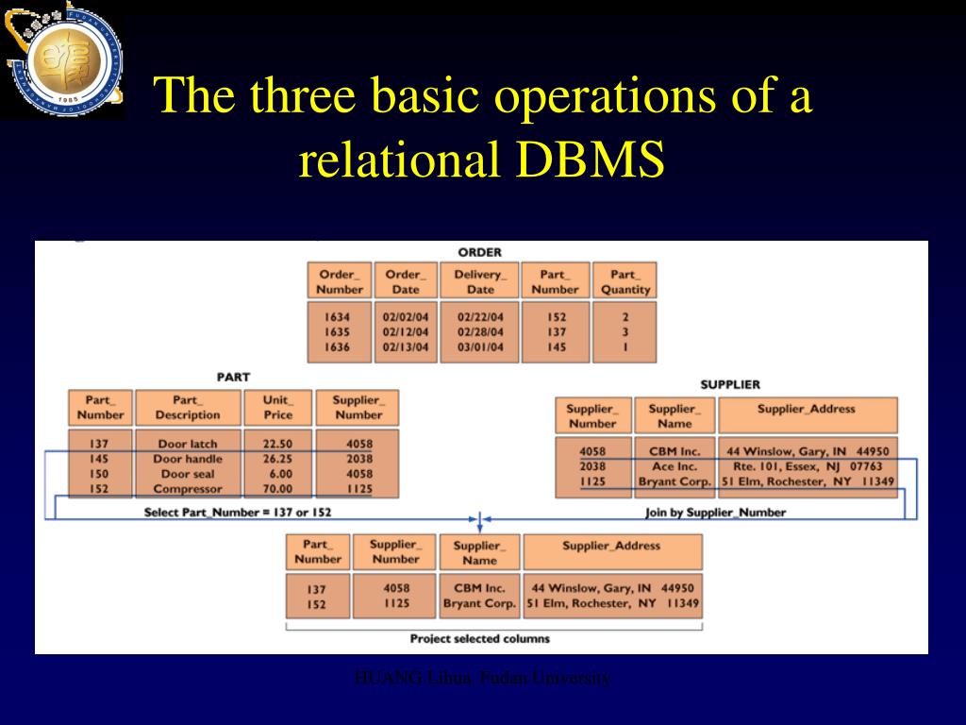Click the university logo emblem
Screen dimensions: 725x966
pos(61,60)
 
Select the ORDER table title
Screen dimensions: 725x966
pos(479,252)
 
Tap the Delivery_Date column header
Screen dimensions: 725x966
pos(480,282)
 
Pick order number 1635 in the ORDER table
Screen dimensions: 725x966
pos(337,332)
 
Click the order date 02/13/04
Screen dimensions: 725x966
pos(406,347)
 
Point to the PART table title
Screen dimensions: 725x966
pos(233,377)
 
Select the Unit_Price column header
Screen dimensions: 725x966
pos(277,407)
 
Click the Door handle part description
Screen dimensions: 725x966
pos(188,459)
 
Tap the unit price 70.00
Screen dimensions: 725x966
pos(277,489)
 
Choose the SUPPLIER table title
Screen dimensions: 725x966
pos(730,384)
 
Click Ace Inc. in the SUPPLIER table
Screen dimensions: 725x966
pos(674,466)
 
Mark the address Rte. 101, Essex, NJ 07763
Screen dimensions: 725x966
pos(808,466)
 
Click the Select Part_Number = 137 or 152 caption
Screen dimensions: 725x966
pos(237,512)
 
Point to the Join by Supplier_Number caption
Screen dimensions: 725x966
pos(715,512)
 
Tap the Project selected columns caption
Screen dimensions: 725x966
pos(479,638)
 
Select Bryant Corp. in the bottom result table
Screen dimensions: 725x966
pos(479,603)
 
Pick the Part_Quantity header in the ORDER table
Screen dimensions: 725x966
pos(625,282)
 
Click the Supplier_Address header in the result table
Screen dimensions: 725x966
pos(611,546)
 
